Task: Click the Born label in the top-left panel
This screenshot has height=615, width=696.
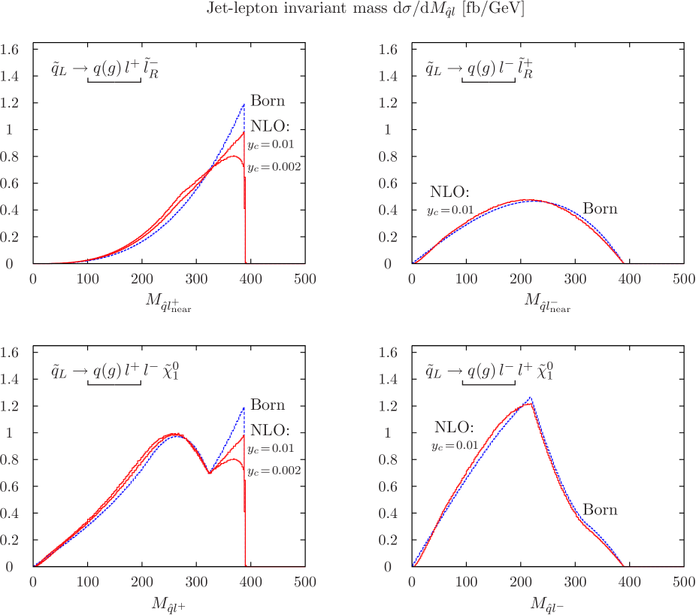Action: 268,101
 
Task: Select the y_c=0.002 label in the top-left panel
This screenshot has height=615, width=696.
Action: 274,168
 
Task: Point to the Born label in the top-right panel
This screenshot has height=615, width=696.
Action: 600,208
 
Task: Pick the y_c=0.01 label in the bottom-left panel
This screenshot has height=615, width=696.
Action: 271,448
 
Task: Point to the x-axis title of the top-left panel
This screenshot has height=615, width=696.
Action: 168,304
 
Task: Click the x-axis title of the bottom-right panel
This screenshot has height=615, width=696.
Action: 545,604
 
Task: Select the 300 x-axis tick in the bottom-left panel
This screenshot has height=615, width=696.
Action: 196,582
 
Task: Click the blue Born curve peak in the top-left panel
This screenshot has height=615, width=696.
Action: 244,105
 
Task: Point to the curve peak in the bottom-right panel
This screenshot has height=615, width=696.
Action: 531,398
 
